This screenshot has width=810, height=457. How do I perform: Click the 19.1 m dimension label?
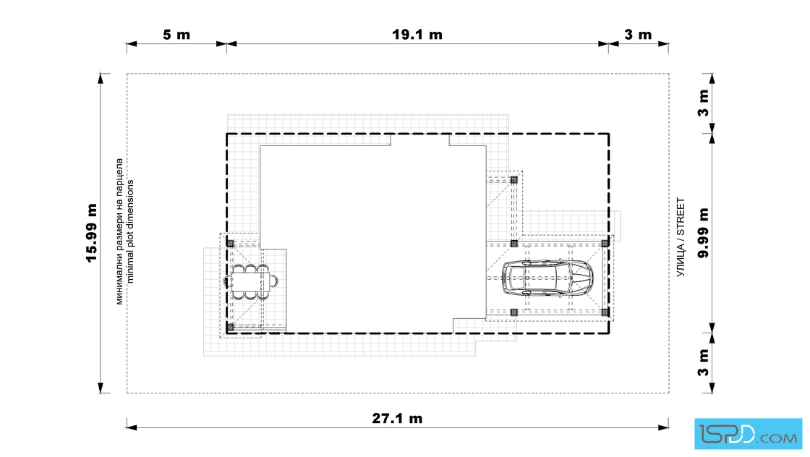point(417,35)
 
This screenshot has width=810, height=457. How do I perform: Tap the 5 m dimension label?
point(176,35)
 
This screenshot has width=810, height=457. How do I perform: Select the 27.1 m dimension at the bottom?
point(397,418)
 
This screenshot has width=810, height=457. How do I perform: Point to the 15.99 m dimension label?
point(91,233)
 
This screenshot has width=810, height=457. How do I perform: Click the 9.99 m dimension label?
point(703,233)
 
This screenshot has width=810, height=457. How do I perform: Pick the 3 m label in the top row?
point(638,35)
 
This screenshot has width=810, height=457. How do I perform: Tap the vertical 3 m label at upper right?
point(703,103)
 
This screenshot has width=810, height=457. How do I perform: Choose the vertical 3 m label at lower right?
point(703,363)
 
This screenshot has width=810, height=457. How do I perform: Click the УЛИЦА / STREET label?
point(681,237)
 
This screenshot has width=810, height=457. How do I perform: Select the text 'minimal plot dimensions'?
point(129,231)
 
